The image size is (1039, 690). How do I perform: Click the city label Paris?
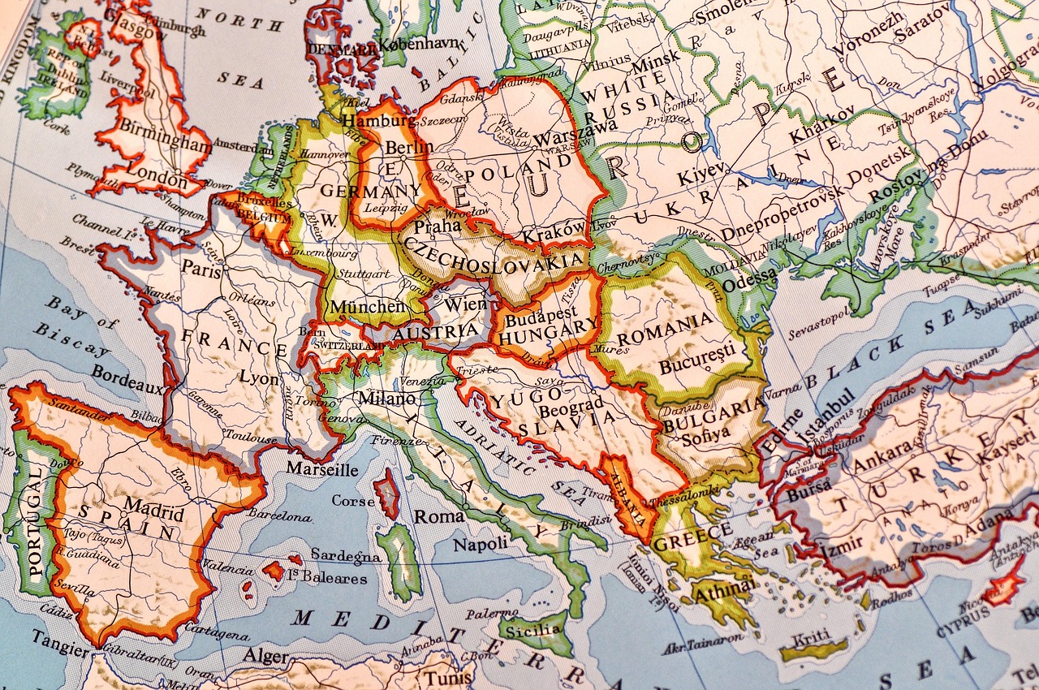coord(200,269)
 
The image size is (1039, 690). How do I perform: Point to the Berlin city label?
coord(409,148)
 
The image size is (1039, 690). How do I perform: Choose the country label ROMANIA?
coord(665,322)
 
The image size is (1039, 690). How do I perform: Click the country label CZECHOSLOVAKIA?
coord(494,254)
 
